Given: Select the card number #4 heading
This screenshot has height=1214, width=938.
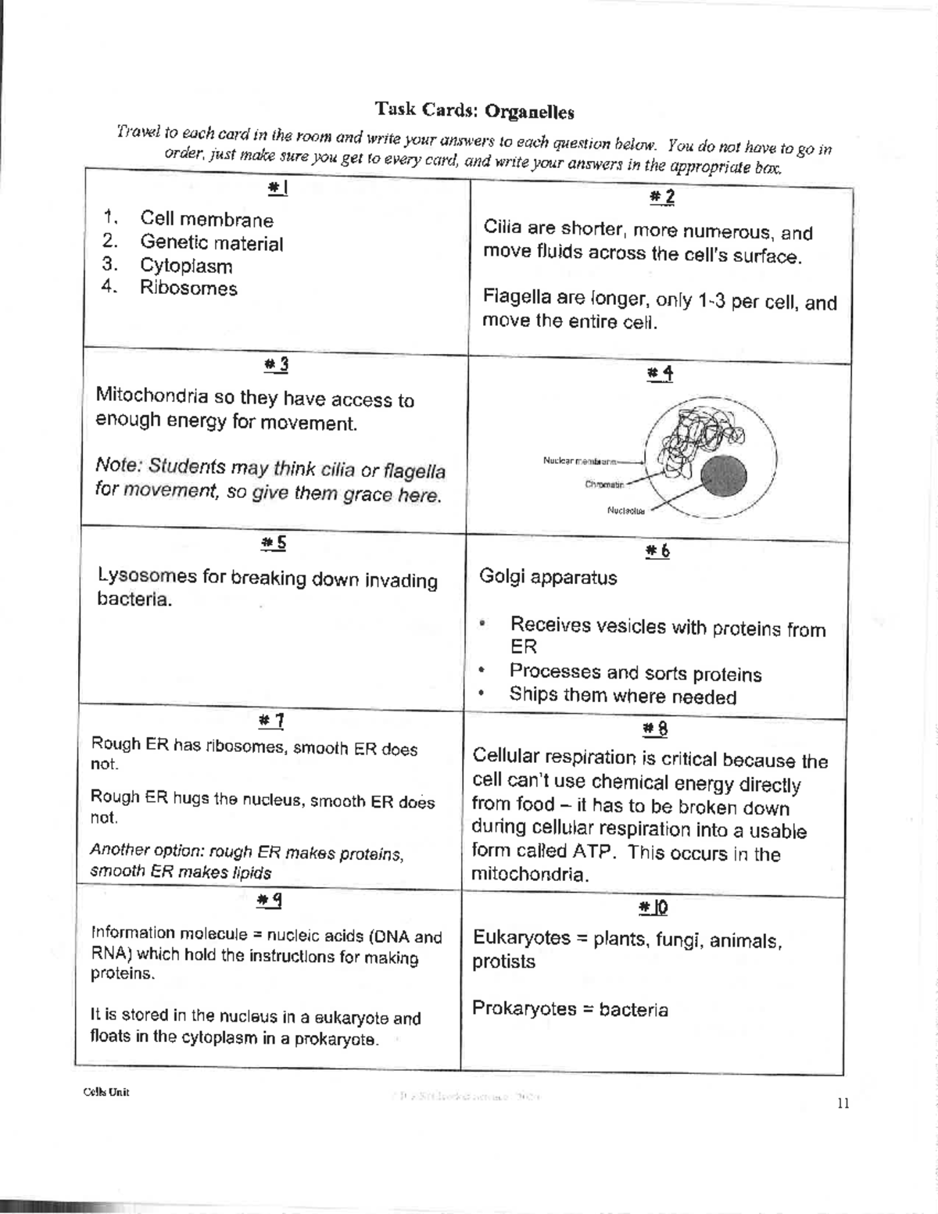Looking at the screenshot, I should [x=660, y=374].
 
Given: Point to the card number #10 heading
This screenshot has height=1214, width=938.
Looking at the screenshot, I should [x=653, y=907].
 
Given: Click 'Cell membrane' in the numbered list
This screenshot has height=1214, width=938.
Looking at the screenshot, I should [x=206, y=220].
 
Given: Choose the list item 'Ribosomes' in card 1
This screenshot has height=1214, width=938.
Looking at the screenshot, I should [x=188, y=288].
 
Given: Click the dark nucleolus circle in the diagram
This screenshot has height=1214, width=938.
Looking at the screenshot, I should [x=723, y=475].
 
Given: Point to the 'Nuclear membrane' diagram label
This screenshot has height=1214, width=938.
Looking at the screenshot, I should [x=579, y=460].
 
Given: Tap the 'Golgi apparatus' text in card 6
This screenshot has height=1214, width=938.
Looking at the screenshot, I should [x=548, y=578].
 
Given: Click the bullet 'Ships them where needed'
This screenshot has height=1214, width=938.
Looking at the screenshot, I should [x=622, y=696].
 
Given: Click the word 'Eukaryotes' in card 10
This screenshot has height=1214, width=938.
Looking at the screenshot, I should [x=521, y=938].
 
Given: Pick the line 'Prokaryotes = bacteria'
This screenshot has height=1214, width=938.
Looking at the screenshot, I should [x=570, y=1009].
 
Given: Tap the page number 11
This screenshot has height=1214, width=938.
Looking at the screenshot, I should [x=843, y=1104].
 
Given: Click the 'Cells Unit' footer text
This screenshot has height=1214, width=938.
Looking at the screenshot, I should [x=106, y=1092].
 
